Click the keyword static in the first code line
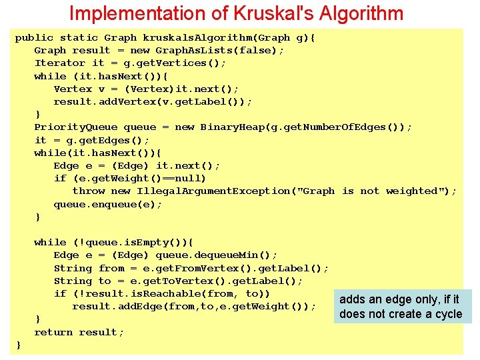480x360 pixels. pyautogui.click(x=78, y=38)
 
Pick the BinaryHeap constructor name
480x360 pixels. pyautogui.click(x=232, y=127)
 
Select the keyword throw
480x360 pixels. pyautogui.click(x=88, y=191)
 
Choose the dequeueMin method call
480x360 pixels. pyautogui.click(x=217, y=255)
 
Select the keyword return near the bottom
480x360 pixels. pyautogui.click(x=53, y=332)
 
